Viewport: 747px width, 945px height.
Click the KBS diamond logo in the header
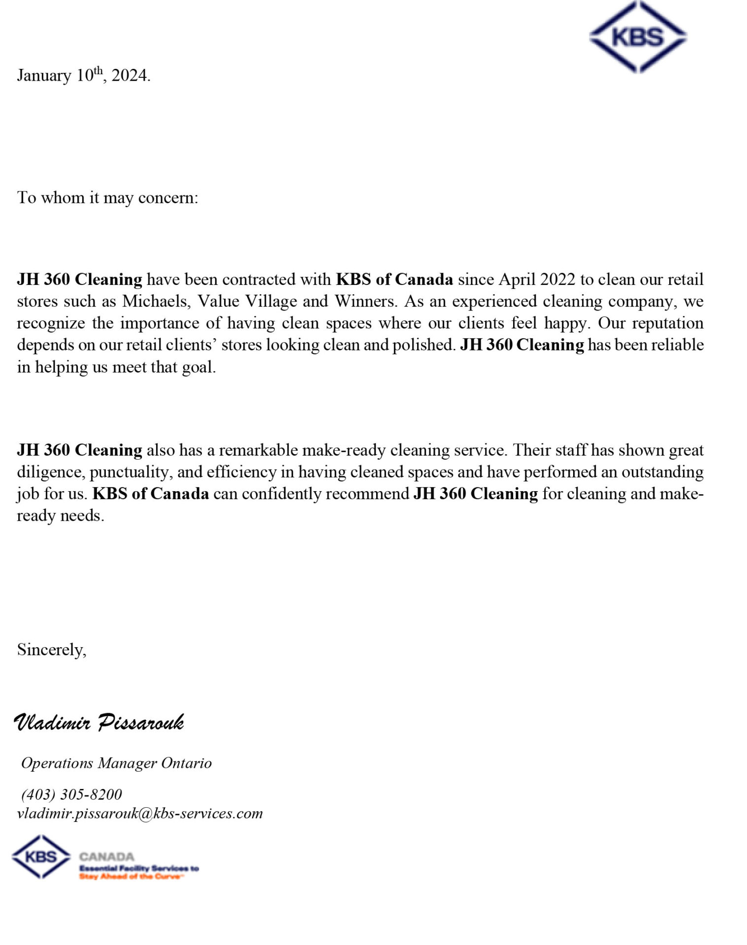pyautogui.click(x=638, y=37)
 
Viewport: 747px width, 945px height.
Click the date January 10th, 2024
pyautogui.click(x=84, y=75)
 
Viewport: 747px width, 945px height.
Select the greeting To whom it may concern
pyautogui.click(x=107, y=198)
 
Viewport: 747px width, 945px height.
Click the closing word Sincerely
pyautogui.click(x=51, y=650)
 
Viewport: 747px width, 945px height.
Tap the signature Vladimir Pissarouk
pyautogui.click(x=99, y=723)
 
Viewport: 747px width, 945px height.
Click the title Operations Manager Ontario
pyautogui.click(x=116, y=763)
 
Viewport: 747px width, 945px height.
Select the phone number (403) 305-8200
pyautogui.click(x=71, y=794)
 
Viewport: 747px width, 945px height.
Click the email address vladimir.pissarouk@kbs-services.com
pyautogui.click(x=140, y=814)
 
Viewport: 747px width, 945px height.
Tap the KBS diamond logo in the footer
pyautogui.click(x=41, y=857)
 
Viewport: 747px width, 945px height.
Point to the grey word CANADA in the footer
pyautogui.click(x=107, y=857)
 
